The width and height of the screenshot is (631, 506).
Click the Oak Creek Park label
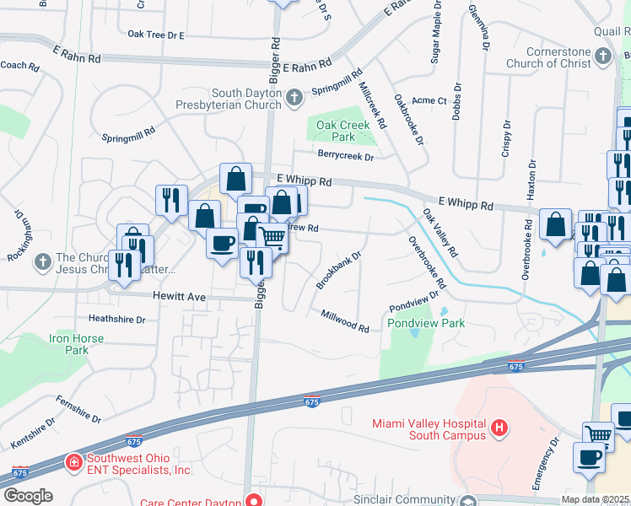343,130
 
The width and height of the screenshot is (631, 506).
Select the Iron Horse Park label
77,344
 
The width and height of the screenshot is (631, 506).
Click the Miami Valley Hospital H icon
499,428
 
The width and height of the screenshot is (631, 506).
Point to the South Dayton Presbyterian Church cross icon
294,99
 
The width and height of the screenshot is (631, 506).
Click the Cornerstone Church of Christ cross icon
602,56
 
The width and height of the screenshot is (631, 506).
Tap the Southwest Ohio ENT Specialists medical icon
74,462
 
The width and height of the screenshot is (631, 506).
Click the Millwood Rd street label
345,320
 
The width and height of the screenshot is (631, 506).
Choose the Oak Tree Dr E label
156,35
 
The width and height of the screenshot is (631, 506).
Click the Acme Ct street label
431,100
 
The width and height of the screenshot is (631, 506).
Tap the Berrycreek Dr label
345,155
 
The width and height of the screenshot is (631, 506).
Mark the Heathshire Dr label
117,320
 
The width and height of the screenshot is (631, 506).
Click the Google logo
28,496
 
